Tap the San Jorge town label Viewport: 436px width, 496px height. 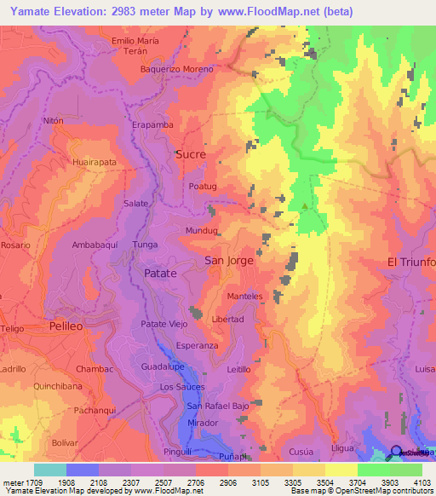(x=229, y=261)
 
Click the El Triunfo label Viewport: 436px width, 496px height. (x=411, y=262)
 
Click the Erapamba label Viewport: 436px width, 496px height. (x=152, y=124)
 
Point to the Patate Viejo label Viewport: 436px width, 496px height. (x=163, y=324)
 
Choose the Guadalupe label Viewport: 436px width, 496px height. (x=163, y=366)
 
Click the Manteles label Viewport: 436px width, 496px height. (x=244, y=296)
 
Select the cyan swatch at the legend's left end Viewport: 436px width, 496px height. (x=49, y=470)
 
